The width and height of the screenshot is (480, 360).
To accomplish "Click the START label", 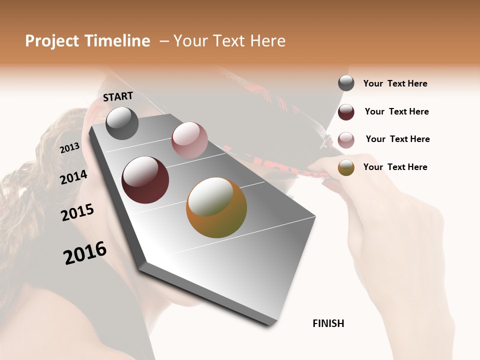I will point(118,96).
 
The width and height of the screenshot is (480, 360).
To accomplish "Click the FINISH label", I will point(328,323).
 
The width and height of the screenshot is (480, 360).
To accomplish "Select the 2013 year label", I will point(69,148).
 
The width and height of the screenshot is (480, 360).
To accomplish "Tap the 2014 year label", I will point(74,177).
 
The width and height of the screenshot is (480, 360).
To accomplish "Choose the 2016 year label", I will point(85,253).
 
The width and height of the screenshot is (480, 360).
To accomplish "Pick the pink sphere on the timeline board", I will point(189,140).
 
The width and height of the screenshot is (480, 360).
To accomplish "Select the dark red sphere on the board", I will point(145,180).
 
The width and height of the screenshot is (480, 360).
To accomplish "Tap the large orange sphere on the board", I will point(216,207).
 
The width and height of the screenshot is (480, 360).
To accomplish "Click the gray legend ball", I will point(346,83).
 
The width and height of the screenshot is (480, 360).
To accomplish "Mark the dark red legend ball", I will point(346,112).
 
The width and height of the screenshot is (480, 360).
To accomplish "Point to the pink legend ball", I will point(346,139).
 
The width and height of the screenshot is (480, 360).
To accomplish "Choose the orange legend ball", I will point(346,167).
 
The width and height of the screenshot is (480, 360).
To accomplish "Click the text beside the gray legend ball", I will point(395,84).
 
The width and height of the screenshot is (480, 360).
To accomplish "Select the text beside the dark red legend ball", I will point(396,112).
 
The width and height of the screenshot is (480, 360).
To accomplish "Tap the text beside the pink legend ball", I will point(397,139).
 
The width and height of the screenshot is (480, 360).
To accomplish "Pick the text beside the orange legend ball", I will point(395,167).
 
